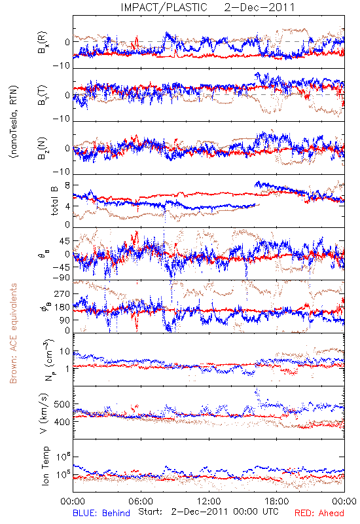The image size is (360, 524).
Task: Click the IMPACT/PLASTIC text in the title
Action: click(x=164, y=7)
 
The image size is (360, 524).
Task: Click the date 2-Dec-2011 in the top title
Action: click(x=259, y=7)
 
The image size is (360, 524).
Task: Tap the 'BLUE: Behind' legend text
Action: click(x=101, y=513)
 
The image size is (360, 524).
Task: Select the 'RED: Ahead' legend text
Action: click(x=319, y=513)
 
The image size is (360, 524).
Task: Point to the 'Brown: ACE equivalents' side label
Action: click(x=13, y=333)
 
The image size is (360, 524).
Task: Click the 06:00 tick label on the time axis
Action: click(x=141, y=501)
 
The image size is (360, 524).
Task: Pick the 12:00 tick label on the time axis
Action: click(x=209, y=501)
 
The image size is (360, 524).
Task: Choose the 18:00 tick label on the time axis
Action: click(x=277, y=501)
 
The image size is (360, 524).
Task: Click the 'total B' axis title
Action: click(x=54, y=201)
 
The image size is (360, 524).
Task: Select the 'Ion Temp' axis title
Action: click(x=45, y=466)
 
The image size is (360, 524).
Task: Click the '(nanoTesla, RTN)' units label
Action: click(x=14, y=122)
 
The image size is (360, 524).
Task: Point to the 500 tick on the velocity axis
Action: click(x=62, y=404)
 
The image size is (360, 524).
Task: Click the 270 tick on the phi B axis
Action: click(x=62, y=294)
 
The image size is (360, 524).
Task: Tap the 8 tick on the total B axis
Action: click(x=67, y=185)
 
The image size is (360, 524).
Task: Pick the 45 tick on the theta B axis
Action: click(x=65, y=241)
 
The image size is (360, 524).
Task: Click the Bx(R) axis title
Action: click(x=43, y=43)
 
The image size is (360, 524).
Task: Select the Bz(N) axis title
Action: click(x=43, y=149)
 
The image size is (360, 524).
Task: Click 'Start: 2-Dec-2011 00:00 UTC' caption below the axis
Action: click(x=208, y=512)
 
